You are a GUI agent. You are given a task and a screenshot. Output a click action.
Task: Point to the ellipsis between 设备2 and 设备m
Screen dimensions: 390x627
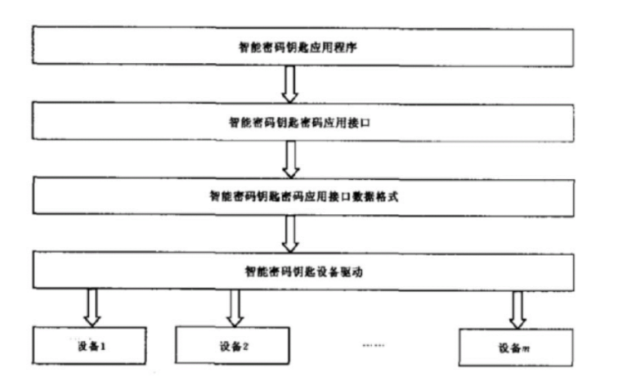pyautogui.click(x=374, y=345)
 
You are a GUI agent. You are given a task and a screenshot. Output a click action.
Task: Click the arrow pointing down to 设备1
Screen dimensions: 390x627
pyautogui.click(x=92, y=307)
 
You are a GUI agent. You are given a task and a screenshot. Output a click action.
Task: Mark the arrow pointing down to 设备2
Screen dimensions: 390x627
pyautogui.click(x=235, y=307)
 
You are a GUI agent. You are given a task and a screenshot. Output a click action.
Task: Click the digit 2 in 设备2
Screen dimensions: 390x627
pyautogui.click(x=246, y=345)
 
